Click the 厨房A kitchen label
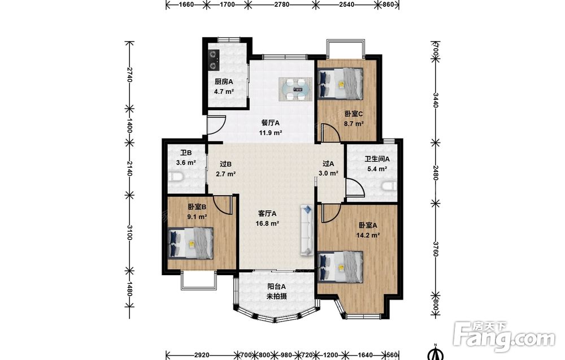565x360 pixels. tap(224, 82)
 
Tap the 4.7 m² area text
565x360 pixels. tap(224, 92)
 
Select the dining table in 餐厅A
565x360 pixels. tap(295, 89)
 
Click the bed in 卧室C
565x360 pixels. tap(341, 84)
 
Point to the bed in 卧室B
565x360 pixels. tap(190, 243)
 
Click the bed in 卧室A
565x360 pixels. tap(341, 267)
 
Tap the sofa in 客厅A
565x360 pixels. tap(307, 230)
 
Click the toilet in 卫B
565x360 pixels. tap(176, 177)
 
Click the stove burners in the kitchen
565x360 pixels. tap(214, 60)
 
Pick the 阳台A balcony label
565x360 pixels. tap(276, 287)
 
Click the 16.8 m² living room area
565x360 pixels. tap(267, 223)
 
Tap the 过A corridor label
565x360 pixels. tap(328, 163)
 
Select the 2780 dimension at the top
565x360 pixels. tap(281, 5)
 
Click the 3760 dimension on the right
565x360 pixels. tap(435, 249)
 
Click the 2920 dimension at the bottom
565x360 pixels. tap(202, 355)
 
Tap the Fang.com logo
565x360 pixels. tap(505, 337)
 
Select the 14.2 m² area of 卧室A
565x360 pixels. tap(368, 235)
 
